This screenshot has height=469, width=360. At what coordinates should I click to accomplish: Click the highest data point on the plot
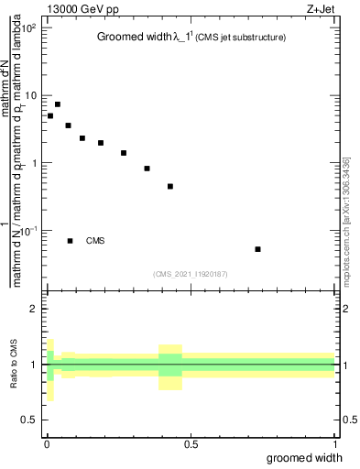click(x=58, y=104)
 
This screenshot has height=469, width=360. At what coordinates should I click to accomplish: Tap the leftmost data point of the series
click(x=50, y=115)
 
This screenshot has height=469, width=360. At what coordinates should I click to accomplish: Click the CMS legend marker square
click(x=70, y=241)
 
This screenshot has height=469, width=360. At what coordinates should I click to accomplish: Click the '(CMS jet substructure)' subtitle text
click(x=239, y=38)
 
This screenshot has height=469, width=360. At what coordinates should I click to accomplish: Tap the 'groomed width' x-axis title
click(x=305, y=457)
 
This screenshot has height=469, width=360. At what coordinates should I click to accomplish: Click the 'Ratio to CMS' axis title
click(x=16, y=365)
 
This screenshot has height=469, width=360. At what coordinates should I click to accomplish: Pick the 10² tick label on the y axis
click(x=29, y=28)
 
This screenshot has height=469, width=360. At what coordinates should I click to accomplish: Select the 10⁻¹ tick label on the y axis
click(x=29, y=231)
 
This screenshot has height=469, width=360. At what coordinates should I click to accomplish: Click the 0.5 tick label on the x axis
click(x=191, y=443)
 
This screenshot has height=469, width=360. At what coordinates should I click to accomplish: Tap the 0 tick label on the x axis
click(x=47, y=443)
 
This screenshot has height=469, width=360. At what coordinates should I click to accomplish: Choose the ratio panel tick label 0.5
click(x=30, y=420)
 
